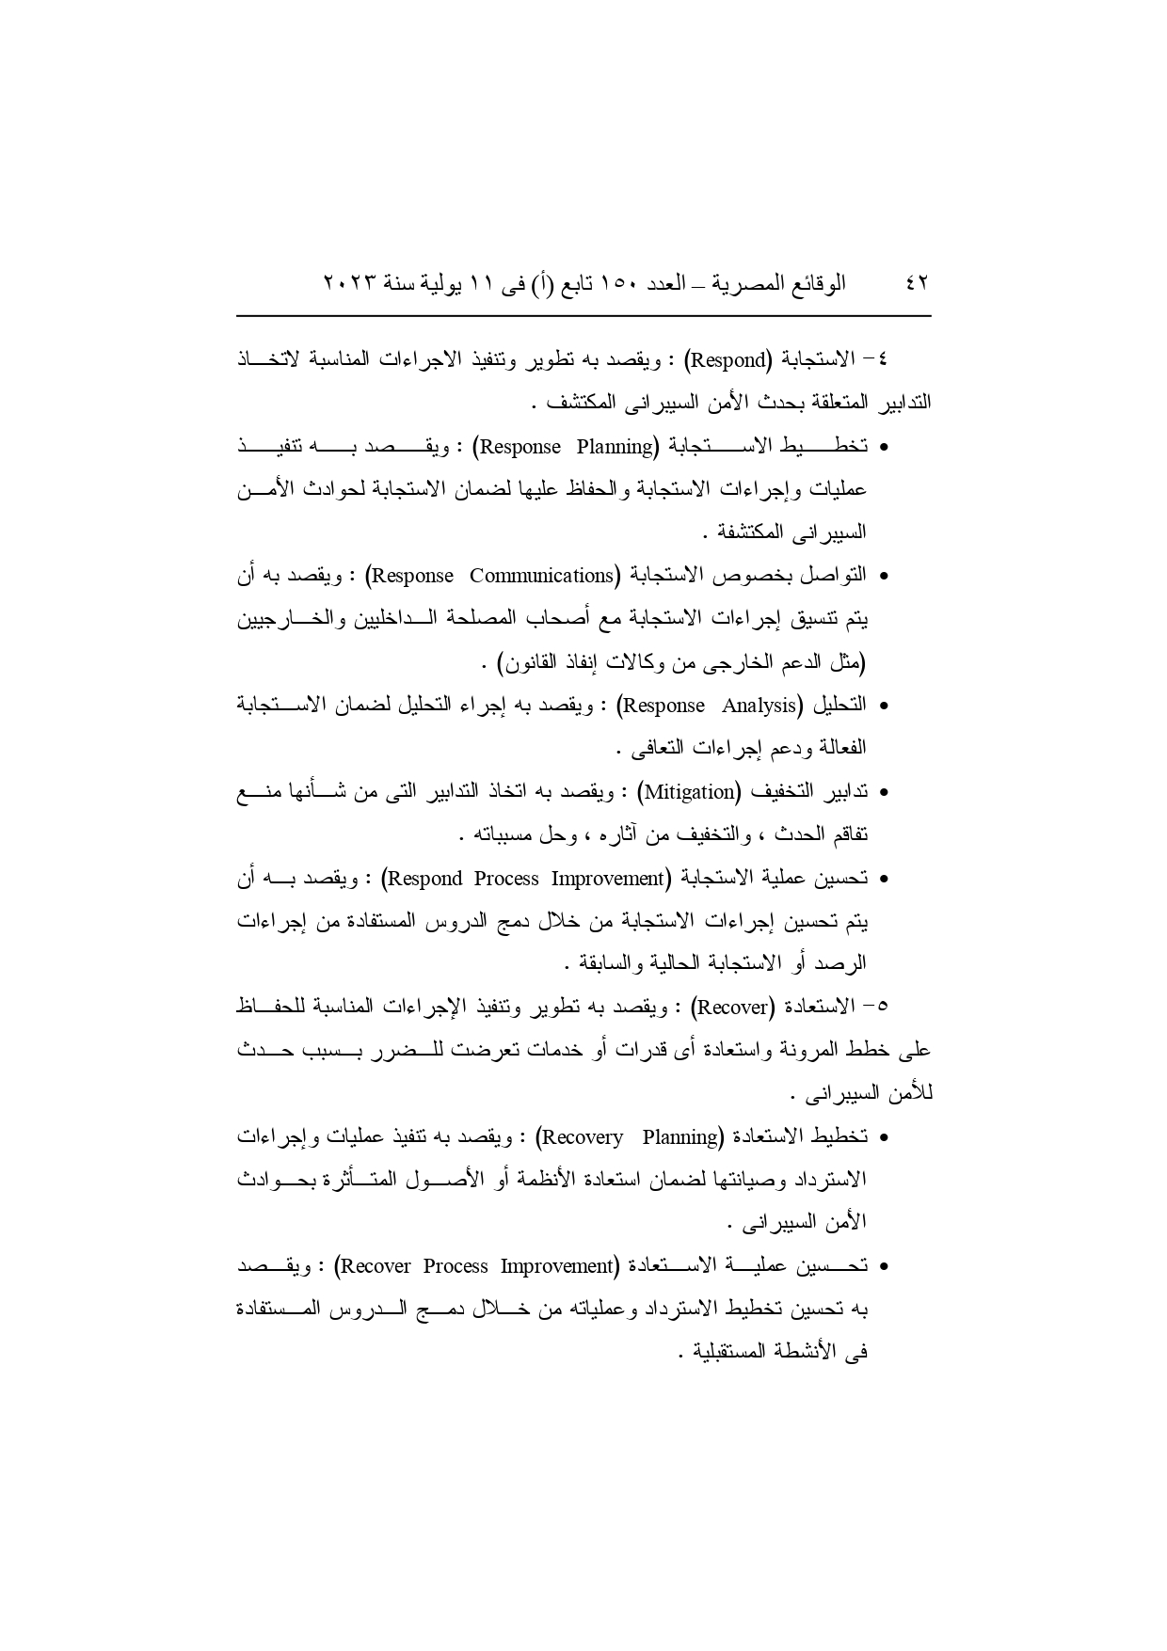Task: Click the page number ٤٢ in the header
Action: (916, 283)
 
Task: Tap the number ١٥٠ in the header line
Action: (615, 283)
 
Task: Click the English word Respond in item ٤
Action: (730, 359)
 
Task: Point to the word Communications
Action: (541, 575)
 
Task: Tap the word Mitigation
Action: (690, 792)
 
